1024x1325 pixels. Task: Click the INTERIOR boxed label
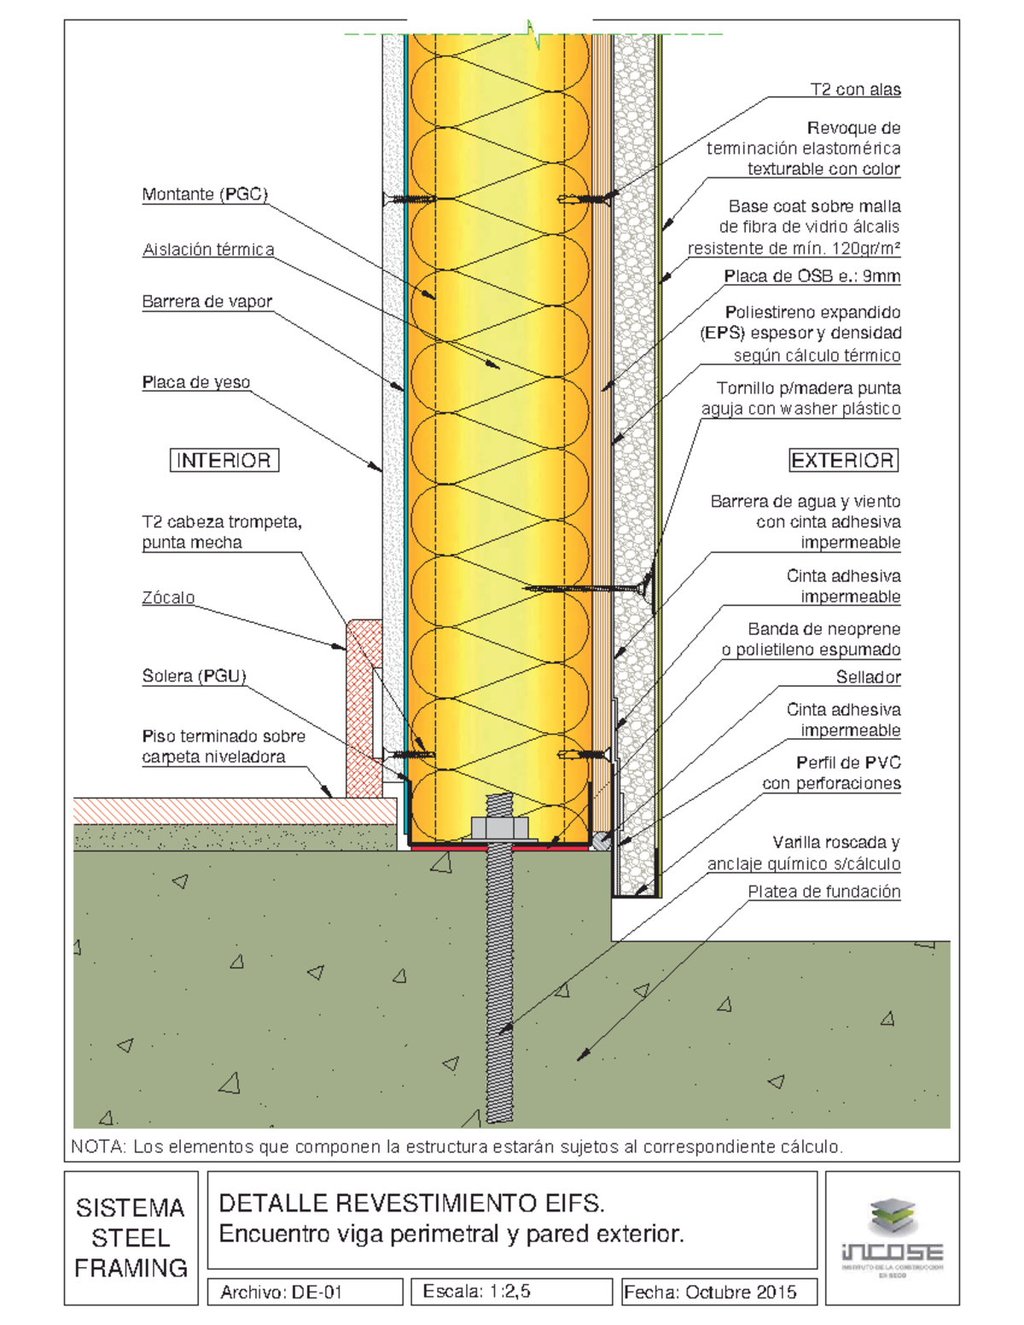click(x=224, y=461)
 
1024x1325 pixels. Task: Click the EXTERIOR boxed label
click(x=843, y=461)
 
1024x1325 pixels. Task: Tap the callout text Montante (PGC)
click(x=205, y=195)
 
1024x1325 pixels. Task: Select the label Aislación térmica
click(x=208, y=250)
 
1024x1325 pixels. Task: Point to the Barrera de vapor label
click(x=207, y=302)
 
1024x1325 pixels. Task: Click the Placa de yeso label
click(x=196, y=382)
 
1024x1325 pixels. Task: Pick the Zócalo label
click(x=168, y=598)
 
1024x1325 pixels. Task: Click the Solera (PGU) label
click(x=194, y=677)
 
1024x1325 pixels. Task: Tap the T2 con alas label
click(x=855, y=90)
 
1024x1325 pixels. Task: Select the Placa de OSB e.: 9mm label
click(x=812, y=276)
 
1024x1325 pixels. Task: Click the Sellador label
click(x=868, y=677)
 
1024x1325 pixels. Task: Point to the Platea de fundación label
click(x=823, y=892)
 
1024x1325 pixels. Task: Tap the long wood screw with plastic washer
click(x=589, y=589)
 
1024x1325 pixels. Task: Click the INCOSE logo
click(x=892, y=1238)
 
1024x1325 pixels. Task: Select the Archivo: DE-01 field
click(x=282, y=1293)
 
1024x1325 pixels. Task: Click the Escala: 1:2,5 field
click(x=477, y=1292)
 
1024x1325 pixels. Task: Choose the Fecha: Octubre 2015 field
click(x=710, y=1293)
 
